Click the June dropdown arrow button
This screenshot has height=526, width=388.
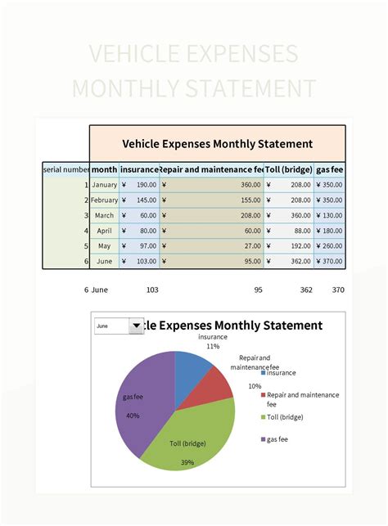136,326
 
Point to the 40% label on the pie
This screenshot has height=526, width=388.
133,416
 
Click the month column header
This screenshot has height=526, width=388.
104,169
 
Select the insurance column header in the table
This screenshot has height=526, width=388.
139,169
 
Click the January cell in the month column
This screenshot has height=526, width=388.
104,185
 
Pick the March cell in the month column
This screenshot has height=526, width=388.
104,215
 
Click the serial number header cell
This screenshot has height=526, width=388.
66,169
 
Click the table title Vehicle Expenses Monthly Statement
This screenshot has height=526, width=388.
217,144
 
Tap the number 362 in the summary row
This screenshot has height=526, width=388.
305,290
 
